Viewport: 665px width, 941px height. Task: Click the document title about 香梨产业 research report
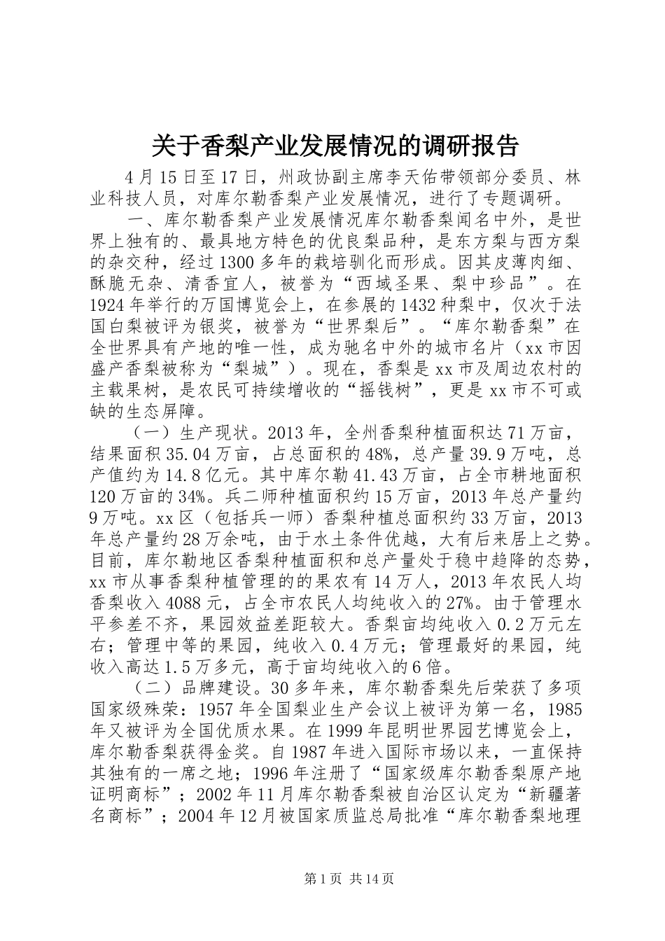tap(335, 146)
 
